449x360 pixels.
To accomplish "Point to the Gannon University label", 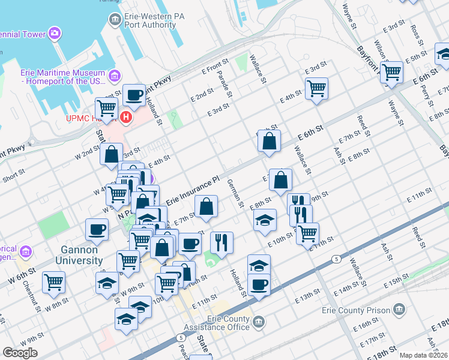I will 79,255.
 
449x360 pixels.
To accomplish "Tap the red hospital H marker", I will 126,117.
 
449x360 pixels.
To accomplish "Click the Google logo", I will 20,353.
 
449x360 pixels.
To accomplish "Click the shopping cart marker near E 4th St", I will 316,89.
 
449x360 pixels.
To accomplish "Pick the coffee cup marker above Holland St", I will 133,94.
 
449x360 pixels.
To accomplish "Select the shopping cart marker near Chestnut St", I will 54,281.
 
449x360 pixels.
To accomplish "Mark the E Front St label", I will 215,65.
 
